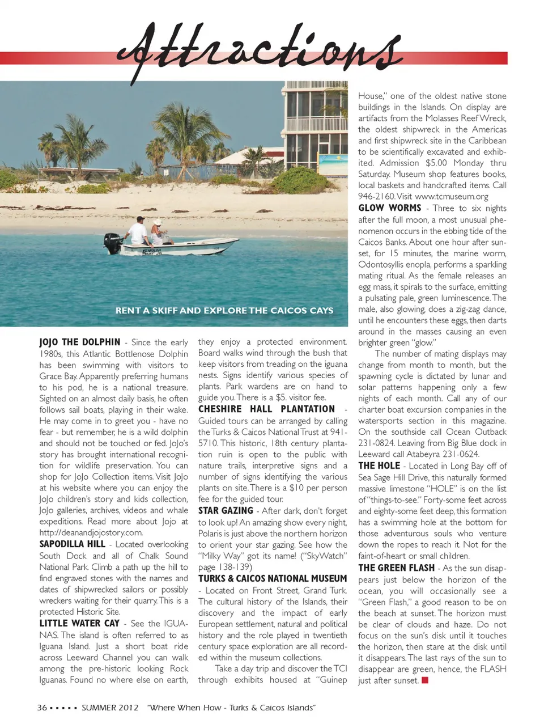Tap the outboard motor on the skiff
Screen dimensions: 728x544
[112, 243]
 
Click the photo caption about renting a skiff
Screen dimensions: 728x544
[224, 311]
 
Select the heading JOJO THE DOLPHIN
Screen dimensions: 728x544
[80, 342]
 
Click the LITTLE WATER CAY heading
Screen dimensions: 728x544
[79, 623]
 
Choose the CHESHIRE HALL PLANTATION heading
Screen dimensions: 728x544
[267, 409]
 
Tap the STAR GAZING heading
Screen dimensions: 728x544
[226, 511]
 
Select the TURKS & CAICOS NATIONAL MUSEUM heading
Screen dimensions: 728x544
[273, 579]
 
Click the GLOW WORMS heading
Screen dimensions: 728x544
[390, 208]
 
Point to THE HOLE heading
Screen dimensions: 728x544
[379, 465]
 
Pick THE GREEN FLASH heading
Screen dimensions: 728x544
[397, 568]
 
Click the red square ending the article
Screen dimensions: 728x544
[425, 680]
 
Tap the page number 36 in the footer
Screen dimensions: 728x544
[42, 708]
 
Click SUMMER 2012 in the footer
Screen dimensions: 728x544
[110, 708]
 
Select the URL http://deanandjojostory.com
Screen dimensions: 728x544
[91, 532]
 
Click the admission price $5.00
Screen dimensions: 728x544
[436, 163]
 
